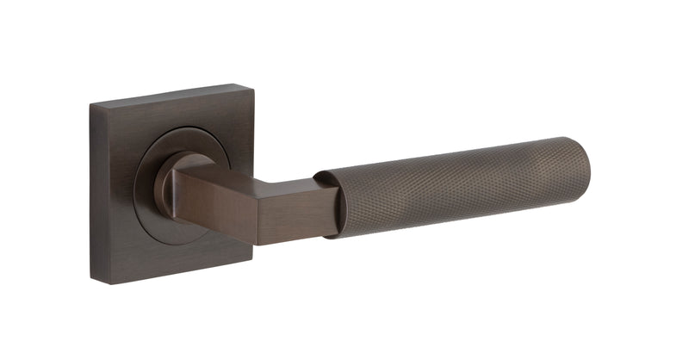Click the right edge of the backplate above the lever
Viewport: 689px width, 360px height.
click(251, 129)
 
